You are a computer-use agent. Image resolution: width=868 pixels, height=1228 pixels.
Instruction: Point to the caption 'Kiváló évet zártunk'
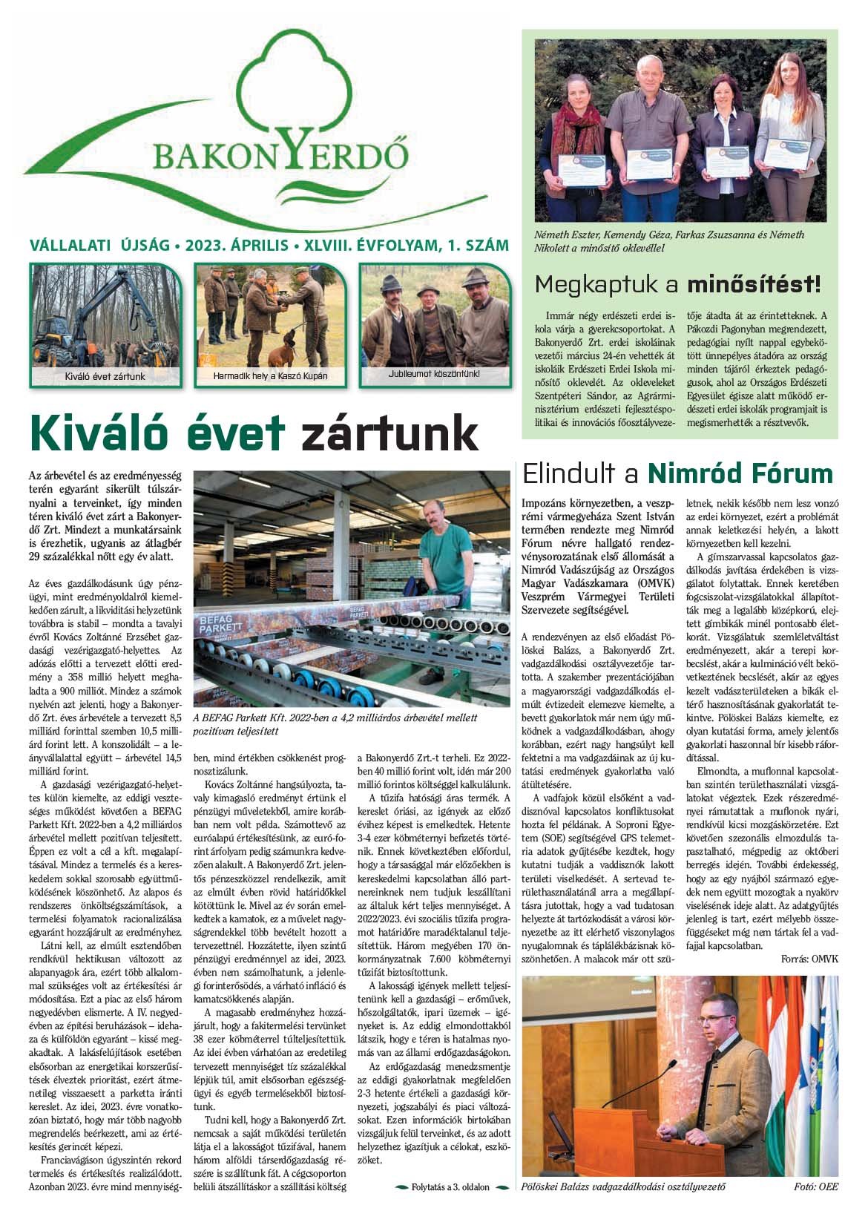pos(105,376)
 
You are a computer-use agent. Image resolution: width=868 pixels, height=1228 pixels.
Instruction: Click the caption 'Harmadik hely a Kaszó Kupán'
pos(270,376)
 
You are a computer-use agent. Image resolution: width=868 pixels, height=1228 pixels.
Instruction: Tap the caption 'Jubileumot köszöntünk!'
pos(434,373)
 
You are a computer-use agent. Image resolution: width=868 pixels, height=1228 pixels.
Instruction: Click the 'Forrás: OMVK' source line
pos(809,959)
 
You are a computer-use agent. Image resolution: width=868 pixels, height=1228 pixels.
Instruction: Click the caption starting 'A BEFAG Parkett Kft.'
pos(334,723)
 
